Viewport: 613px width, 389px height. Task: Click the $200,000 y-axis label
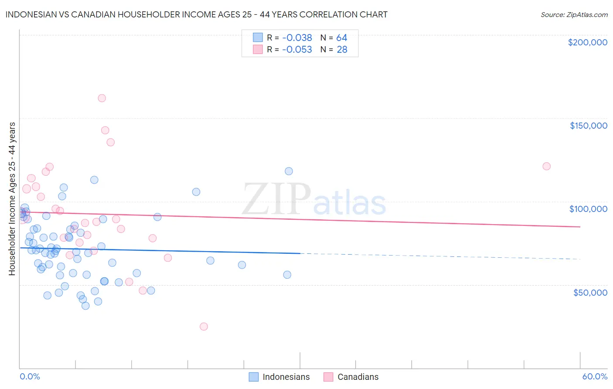pyautogui.click(x=587, y=42)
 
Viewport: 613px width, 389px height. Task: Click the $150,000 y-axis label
pyautogui.click(x=588, y=126)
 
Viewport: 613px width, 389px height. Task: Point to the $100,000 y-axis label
pyautogui.click(x=588, y=209)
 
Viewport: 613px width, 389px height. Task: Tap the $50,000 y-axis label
pyautogui.click(x=590, y=292)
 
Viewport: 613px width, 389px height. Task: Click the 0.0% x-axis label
pyautogui.click(x=30, y=376)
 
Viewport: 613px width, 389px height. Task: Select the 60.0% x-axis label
pyautogui.click(x=594, y=376)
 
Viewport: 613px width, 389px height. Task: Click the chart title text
pyautogui.click(x=196, y=14)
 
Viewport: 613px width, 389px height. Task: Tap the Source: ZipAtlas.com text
pyautogui.click(x=574, y=14)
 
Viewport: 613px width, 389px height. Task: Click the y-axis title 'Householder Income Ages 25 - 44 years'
pyautogui.click(x=12, y=199)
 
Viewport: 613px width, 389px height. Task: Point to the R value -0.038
pyautogui.click(x=297, y=38)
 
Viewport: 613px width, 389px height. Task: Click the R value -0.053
pyautogui.click(x=297, y=50)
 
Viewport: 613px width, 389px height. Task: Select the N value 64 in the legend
pyautogui.click(x=342, y=38)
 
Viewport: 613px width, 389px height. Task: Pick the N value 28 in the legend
pyautogui.click(x=342, y=50)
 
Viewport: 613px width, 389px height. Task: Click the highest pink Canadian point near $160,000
pyautogui.click(x=102, y=98)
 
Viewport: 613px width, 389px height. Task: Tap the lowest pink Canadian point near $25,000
pyautogui.click(x=204, y=326)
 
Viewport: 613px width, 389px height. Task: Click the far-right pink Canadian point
pyautogui.click(x=546, y=166)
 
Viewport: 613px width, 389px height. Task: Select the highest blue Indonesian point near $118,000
pyautogui.click(x=289, y=171)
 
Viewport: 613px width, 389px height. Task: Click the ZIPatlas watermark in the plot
pyautogui.click(x=314, y=200)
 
